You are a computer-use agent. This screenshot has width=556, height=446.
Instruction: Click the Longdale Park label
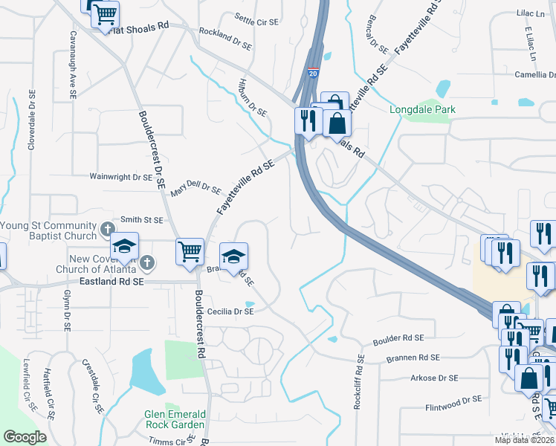pyautogui.click(x=422, y=110)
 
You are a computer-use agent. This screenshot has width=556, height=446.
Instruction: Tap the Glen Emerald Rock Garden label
pyautogui.click(x=174, y=419)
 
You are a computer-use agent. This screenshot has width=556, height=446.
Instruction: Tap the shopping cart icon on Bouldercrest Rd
pyautogui.click(x=190, y=251)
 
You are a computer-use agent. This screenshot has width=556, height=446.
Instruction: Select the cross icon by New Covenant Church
pyautogui.click(x=148, y=262)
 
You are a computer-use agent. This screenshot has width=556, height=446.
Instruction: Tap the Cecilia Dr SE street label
pyautogui.click(x=230, y=312)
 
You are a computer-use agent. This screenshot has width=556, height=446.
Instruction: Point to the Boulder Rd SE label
pyautogui.click(x=398, y=338)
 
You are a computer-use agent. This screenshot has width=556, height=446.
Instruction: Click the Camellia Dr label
pyautogui.click(x=535, y=74)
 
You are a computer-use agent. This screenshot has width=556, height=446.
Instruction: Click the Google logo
pyautogui.click(x=25, y=437)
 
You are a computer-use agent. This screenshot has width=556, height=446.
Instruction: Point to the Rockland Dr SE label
pyautogui.click(x=227, y=39)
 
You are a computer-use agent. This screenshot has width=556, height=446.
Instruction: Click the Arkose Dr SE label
pyautogui.click(x=434, y=378)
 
